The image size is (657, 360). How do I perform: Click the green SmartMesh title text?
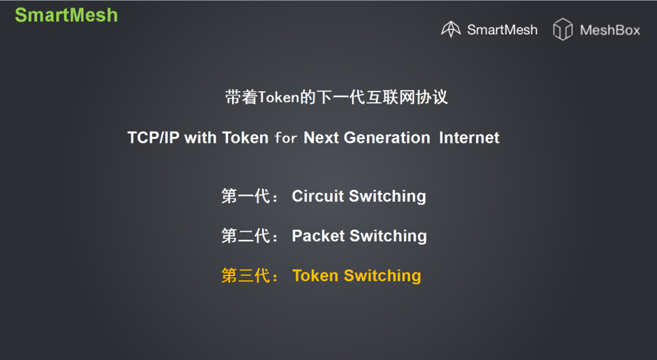(66, 15)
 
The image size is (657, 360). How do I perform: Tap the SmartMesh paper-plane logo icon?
(451, 29)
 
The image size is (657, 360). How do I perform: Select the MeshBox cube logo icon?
(563, 29)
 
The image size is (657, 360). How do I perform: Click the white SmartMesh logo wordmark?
(502, 30)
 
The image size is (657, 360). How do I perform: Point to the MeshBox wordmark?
(610, 30)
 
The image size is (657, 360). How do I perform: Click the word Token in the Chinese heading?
(278, 97)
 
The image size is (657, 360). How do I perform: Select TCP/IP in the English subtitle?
(153, 138)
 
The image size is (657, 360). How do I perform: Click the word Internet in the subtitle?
(469, 138)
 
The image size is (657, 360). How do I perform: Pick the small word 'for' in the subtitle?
(286, 138)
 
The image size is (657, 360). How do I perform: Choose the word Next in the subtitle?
(321, 138)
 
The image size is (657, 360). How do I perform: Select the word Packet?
(318, 236)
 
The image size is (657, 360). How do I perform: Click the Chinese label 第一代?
(245, 196)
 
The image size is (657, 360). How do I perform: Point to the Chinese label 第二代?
(245, 236)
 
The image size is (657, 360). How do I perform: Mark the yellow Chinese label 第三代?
(245, 275)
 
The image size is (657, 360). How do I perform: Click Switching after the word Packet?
(389, 236)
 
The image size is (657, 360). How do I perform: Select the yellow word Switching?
(382, 275)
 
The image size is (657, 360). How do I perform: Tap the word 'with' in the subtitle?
(201, 138)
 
